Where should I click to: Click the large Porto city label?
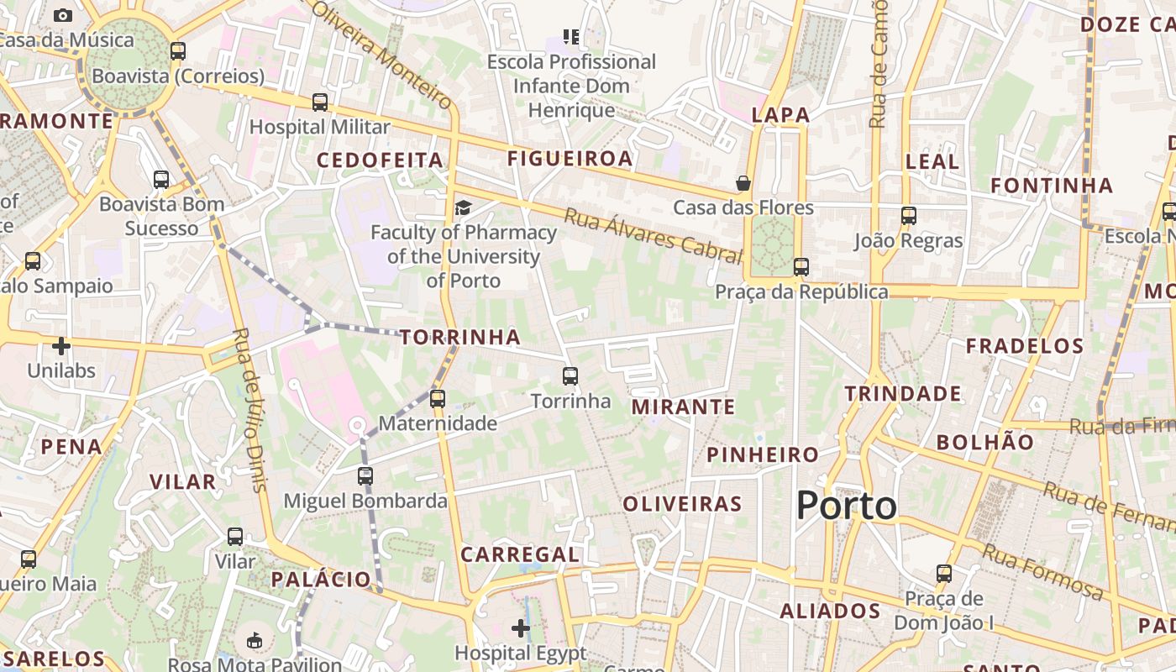pyautogui.click(x=846, y=506)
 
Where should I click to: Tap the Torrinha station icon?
pyautogui.click(x=570, y=376)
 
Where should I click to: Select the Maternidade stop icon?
pyautogui.click(x=437, y=399)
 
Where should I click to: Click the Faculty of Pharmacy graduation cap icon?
pyautogui.click(x=463, y=207)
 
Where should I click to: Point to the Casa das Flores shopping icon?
pyautogui.click(x=743, y=183)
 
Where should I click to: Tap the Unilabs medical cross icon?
pyautogui.click(x=61, y=345)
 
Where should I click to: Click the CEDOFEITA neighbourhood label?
pyautogui.click(x=380, y=160)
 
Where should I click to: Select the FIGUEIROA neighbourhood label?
pyautogui.click(x=570, y=158)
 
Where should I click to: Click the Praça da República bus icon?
pyautogui.click(x=801, y=267)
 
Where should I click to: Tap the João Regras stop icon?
pyautogui.click(x=908, y=216)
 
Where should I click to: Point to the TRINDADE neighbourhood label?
pyautogui.click(x=903, y=393)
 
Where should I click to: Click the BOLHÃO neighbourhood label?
pyautogui.click(x=985, y=442)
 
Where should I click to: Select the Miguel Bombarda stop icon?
pyautogui.click(x=365, y=476)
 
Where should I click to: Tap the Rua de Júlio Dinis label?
pyautogui.click(x=249, y=409)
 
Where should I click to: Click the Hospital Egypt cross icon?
pyautogui.click(x=521, y=627)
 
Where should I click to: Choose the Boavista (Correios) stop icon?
pyautogui.click(x=177, y=51)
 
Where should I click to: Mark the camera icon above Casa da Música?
pyautogui.click(x=62, y=15)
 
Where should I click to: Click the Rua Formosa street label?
pyautogui.click(x=1042, y=572)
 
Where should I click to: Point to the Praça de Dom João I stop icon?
pyautogui.click(x=944, y=575)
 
